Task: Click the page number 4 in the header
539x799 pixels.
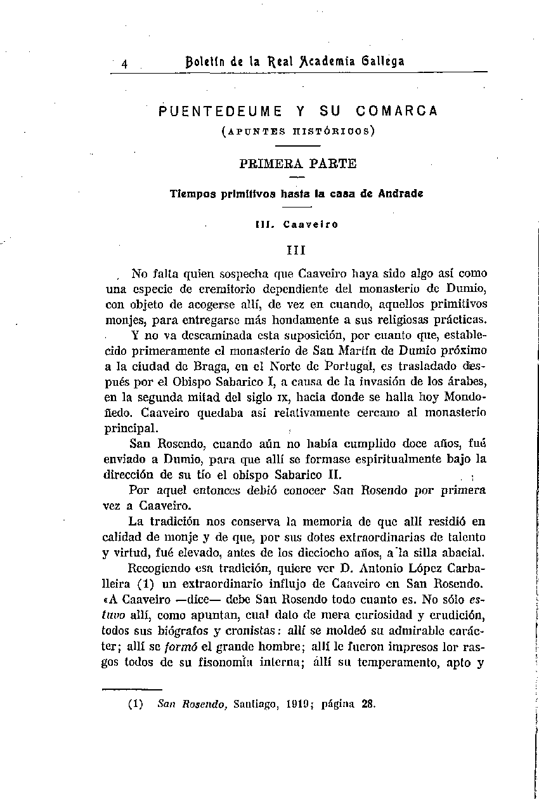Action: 125,63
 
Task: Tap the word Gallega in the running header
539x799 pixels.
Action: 380,62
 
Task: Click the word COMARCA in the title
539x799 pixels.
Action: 397,111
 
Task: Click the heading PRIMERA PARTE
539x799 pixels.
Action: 298,163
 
